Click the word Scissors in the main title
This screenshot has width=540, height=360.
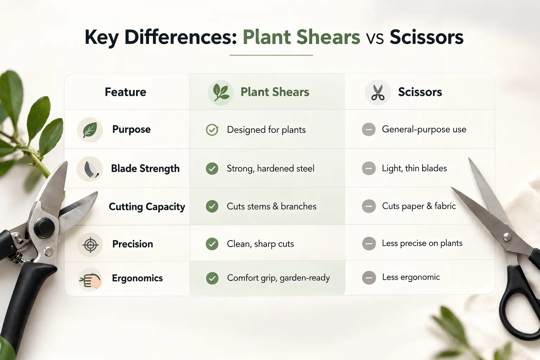[426, 37]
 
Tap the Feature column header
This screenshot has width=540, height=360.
[126, 92]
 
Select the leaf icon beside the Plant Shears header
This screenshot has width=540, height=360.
[220, 92]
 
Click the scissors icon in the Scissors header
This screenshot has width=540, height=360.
[378, 92]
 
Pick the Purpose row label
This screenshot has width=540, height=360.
[131, 129]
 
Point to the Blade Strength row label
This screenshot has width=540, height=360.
[145, 168]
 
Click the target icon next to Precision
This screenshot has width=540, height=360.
[90, 244]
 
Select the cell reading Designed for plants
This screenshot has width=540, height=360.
[266, 130]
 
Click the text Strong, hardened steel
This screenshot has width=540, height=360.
[270, 168]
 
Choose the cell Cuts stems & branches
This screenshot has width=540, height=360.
[271, 206]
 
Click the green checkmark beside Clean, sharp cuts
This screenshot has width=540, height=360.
[212, 244]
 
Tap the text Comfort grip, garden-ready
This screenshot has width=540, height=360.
[278, 278]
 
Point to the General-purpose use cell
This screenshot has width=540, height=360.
[424, 129]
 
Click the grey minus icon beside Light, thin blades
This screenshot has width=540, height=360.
[369, 168]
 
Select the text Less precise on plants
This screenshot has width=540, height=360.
[422, 243]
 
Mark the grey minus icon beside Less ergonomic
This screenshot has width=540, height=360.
[369, 278]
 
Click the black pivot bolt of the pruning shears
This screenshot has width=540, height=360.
[45, 226]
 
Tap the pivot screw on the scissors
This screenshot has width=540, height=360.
[507, 237]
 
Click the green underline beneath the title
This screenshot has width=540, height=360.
[271, 55]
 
